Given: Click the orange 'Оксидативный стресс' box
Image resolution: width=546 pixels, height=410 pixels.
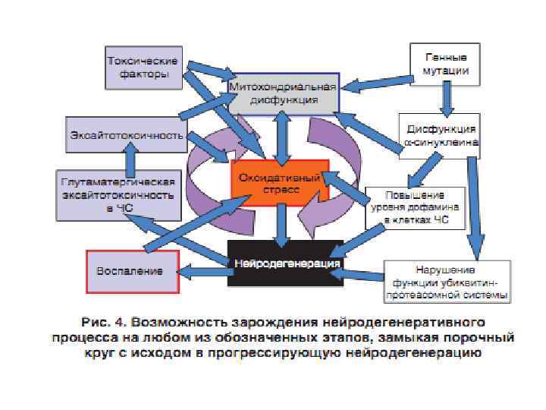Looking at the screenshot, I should pyautogui.click(x=280, y=181).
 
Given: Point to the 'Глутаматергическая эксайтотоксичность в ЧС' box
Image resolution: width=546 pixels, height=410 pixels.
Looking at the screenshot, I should pyautogui.click(x=118, y=194).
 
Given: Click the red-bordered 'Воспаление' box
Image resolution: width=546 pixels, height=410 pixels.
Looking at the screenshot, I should pyautogui.click(x=133, y=270).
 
